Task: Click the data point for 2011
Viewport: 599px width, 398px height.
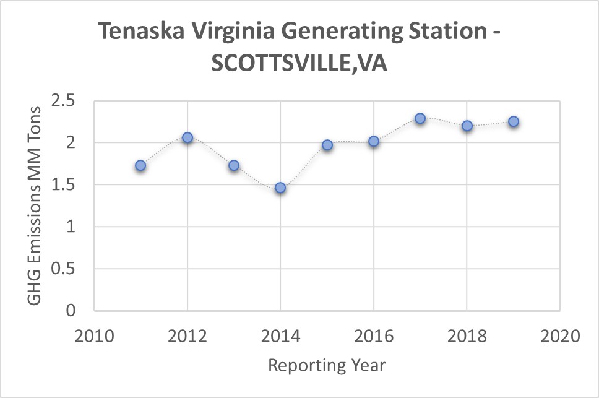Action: click(x=140, y=165)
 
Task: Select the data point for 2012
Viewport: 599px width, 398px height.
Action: click(x=187, y=137)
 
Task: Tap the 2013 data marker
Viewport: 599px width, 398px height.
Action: click(x=234, y=165)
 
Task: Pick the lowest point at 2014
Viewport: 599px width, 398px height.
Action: click(x=280, y=188)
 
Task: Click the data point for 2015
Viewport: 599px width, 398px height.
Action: click(x=327, y=145)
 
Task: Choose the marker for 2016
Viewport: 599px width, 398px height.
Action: click(x=374, y=141)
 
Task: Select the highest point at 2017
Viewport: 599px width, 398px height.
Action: click(x=420, y=118)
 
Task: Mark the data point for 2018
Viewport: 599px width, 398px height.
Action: click(x=467, y=126)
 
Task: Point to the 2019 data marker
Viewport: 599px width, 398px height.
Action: click(x=514, y=121)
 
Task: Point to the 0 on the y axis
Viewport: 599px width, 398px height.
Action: click(x=70, y=311)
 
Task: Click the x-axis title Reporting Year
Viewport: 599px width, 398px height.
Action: click(x=327, y=365)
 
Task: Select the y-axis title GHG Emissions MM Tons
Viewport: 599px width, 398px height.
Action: click(x=35, y=205)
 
